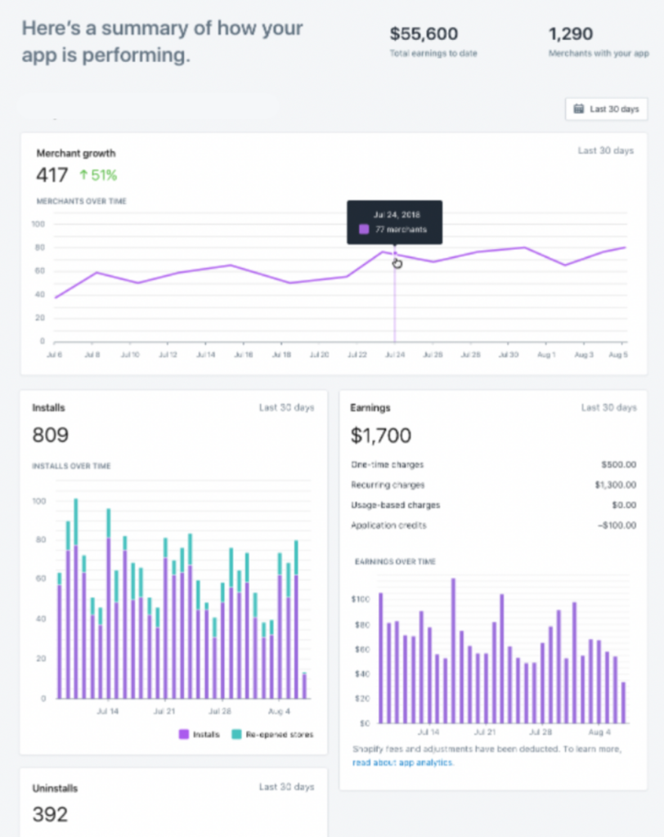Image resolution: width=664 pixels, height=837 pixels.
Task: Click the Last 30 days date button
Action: point(606,109)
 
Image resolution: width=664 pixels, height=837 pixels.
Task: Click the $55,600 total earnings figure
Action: point(423,34)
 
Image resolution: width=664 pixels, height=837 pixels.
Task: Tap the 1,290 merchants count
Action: point(571,34)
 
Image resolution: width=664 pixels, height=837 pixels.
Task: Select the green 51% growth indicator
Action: point(98,175)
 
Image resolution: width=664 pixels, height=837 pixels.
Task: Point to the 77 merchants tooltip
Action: point(395,222)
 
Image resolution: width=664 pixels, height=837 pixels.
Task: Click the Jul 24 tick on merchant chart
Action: point(396,355)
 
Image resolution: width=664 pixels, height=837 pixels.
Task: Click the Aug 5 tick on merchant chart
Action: point(618,355)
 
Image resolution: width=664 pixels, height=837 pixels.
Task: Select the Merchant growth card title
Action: point(76,153)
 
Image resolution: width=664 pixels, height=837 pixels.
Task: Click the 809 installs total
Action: point(51,436)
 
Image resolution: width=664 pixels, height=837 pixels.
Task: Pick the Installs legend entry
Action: point(200,734)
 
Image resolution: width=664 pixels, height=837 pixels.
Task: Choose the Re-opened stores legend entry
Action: point(274,734)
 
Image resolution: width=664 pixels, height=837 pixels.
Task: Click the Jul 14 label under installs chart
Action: point(107,712)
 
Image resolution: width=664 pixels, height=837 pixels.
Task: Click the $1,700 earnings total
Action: point(380,436)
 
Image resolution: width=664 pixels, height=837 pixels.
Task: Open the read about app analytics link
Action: point(402,763)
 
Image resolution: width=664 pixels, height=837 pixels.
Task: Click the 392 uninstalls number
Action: point(50,815)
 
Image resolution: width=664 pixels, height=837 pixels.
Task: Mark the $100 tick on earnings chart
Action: point(361,600)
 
